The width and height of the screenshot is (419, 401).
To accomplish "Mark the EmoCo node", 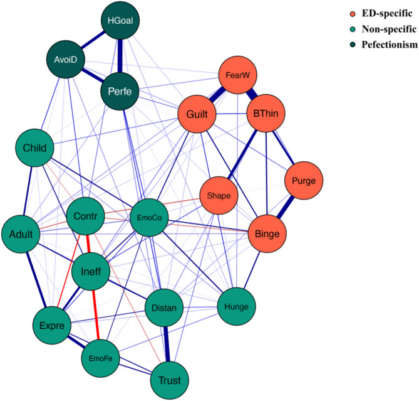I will [x=149, y=218].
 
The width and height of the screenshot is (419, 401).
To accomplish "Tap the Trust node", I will [x=169, y=380].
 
